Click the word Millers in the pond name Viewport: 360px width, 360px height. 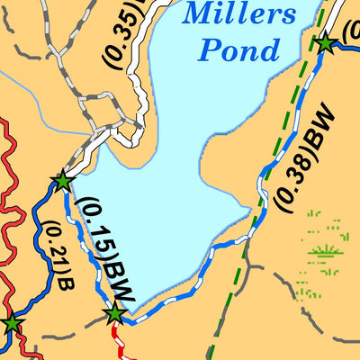tap(238, 13)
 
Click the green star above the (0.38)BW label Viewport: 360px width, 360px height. tap(325, 43)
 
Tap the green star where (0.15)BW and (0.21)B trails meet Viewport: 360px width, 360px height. tap(62, 182)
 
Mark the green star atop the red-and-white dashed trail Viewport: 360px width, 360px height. tap(114, 314)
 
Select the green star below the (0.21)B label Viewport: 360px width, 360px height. tap(12, 324)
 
